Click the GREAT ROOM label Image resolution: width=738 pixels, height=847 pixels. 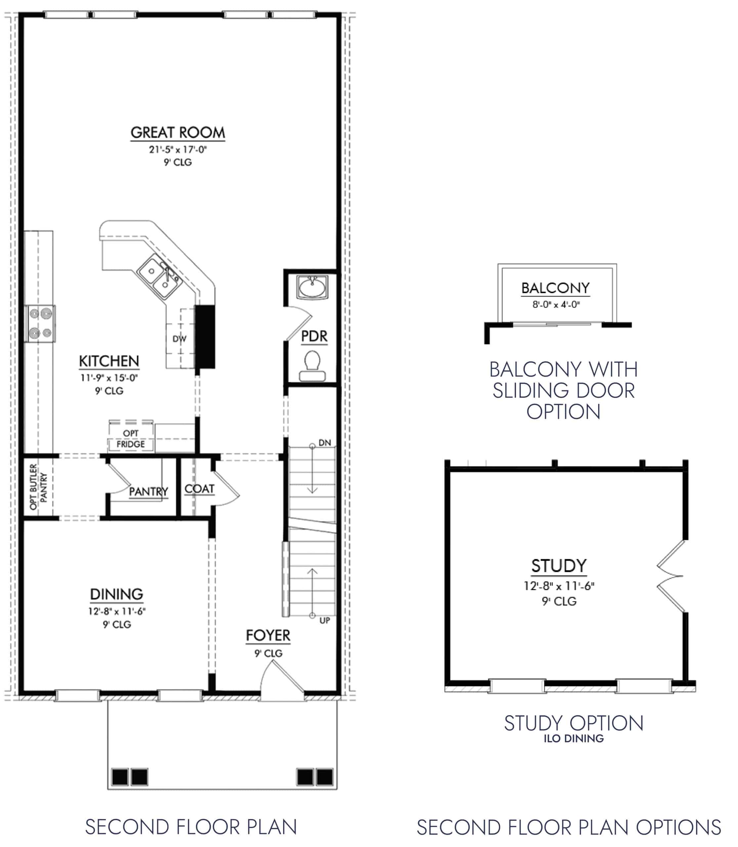coord(178,133)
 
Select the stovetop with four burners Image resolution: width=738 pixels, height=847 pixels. coord(40,323)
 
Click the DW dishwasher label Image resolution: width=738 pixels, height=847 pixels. coord(179,339)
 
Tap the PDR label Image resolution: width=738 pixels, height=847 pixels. coord(314,336)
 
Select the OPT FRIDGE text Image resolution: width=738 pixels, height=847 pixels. coord(131,439)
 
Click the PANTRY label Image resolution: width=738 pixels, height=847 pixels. coord(148,491)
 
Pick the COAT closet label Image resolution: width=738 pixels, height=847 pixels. coord(199,489)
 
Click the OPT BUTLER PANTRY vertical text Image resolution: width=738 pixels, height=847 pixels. coord(39,487)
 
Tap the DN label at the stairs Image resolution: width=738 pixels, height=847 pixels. coord(325,442)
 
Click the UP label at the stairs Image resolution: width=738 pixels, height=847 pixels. coord(325,620)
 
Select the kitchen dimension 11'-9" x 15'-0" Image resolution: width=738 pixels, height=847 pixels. coord(109,378)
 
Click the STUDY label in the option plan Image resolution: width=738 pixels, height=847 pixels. coord(558,566)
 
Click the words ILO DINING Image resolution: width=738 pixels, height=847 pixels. coord(573,739)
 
